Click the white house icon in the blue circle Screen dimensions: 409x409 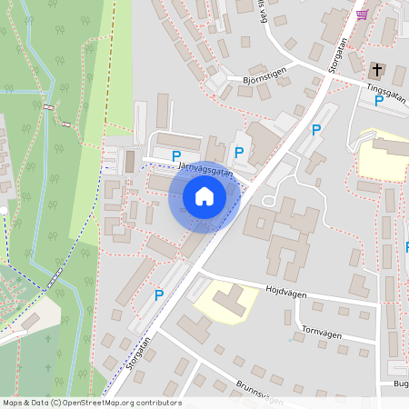coord(204,196)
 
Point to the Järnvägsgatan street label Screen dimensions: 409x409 coord(205,169)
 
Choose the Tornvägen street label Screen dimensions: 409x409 coord(321,334)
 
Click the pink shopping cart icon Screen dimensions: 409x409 coord(363,15)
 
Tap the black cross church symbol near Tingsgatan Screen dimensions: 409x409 coord(377,70)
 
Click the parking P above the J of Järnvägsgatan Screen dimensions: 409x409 coord(176,156)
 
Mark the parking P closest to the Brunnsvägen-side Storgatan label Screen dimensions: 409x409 coord(159,294)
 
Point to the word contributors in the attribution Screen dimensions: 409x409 coord(158,403)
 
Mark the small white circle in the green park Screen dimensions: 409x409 coord(3,210)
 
